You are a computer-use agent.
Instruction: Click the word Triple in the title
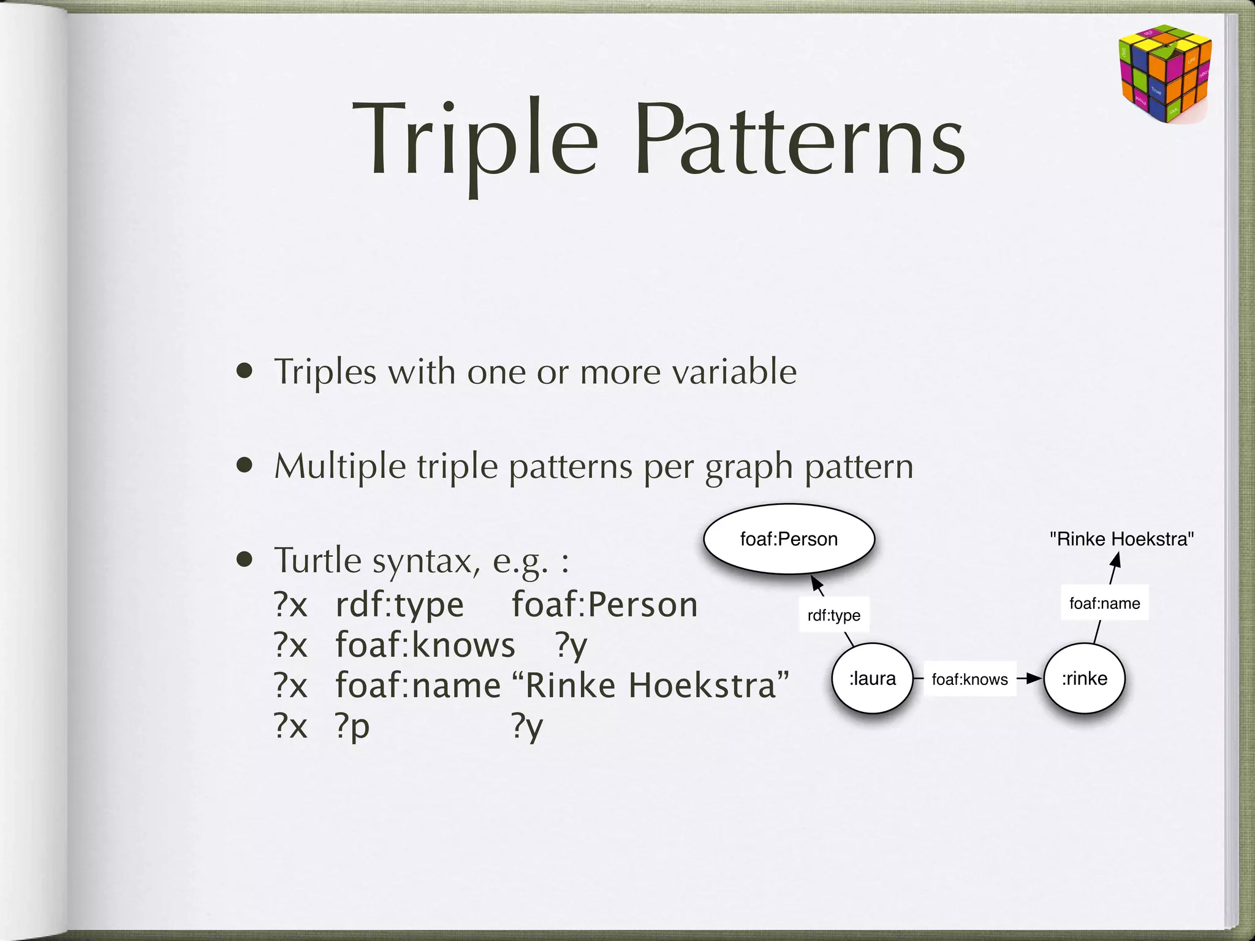click(x=475, y=141)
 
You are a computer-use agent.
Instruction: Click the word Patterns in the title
click(x=800, y=141)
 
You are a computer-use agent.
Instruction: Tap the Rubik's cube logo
click(x=1165, y=73)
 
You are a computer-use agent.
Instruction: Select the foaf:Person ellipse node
click(x=789, y=539)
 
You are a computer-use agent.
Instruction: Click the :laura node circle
click(x=872, y=678)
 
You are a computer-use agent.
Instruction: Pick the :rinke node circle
click(x=1084, y=678)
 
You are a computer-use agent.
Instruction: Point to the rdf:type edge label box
click(x=833, y=615)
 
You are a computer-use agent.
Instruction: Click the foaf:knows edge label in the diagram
click(x=969, y=679)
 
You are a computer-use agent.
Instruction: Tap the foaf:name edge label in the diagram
click(x=1104, y=603)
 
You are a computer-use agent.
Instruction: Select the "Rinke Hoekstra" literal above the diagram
click(x=1121, y=539)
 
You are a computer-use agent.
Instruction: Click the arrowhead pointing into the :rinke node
click(x=1035, y=678)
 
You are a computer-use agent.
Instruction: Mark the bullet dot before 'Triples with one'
click(x=245, y=371)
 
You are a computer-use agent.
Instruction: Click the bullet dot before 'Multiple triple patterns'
click(x=245, y=466)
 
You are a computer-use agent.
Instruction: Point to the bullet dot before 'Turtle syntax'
click(x=245, y=559)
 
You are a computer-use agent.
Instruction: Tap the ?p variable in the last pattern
click(x=352, y=727)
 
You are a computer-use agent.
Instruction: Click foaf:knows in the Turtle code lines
click(x=425, y=645)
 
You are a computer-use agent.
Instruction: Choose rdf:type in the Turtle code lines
click(x=400, y=605)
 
